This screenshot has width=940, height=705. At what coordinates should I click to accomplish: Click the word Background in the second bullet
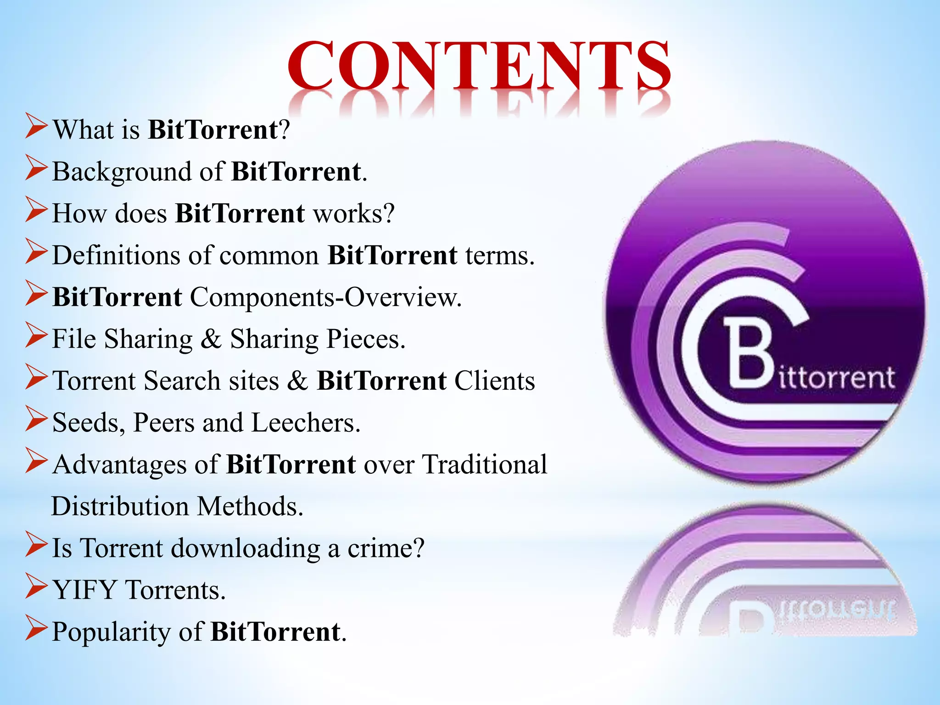pos(122,172)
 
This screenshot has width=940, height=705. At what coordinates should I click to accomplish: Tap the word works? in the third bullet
pos(354,214)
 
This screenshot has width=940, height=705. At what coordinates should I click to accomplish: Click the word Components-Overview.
pos(325,297)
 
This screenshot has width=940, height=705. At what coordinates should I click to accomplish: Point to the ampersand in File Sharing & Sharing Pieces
pos(211,339)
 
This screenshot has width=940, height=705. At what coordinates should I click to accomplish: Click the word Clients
pos(495,381)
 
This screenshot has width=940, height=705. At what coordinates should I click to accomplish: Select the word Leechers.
pos(306,423)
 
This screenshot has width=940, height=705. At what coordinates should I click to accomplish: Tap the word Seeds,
pos(89,423)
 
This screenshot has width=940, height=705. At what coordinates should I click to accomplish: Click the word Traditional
pos(485,464)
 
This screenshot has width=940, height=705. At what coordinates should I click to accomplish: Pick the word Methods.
pos(250,506)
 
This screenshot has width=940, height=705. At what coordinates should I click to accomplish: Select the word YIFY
pos(84,590)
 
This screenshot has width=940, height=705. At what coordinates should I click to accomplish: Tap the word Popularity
pos(111,632)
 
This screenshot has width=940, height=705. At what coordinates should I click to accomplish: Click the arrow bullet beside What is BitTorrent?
pos(36,127)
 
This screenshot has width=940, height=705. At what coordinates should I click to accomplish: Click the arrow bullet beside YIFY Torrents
pos(36,587)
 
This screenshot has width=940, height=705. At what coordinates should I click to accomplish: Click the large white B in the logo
pos(750,353)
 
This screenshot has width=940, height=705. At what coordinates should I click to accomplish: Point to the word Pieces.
pos(366,339)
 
